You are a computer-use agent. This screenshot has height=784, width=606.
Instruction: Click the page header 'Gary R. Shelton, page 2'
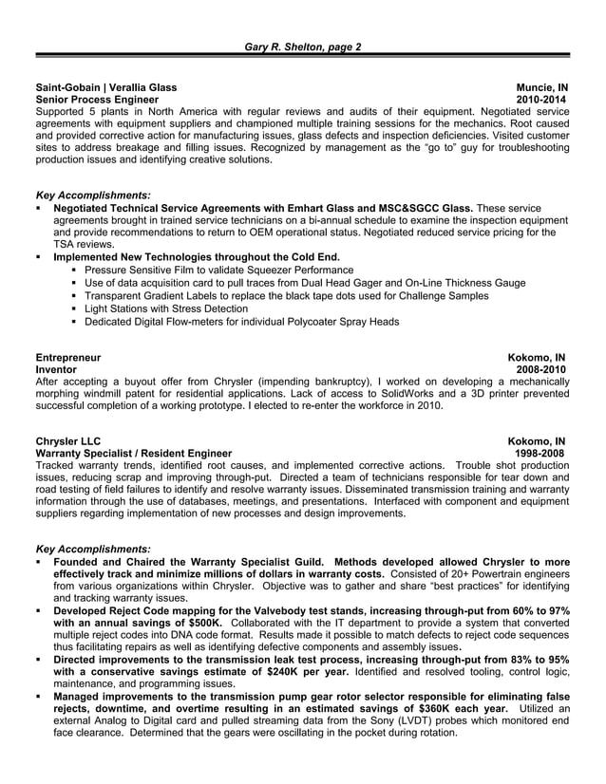(x=303, y=47)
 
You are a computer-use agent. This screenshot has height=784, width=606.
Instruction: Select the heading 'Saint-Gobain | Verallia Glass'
(x=105, y=86)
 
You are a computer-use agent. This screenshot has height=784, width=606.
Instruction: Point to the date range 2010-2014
(x=542, y=99)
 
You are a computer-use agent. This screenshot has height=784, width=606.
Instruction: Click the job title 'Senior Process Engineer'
(x=90, y=99)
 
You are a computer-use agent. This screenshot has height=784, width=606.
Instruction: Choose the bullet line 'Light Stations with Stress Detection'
(x=166, y=308)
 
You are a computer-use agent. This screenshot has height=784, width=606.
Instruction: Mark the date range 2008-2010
(x=542, y=370)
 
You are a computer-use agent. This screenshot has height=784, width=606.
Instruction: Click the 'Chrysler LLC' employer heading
(x=67, y=440)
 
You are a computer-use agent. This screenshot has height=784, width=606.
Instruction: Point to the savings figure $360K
(x=409, y=708)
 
